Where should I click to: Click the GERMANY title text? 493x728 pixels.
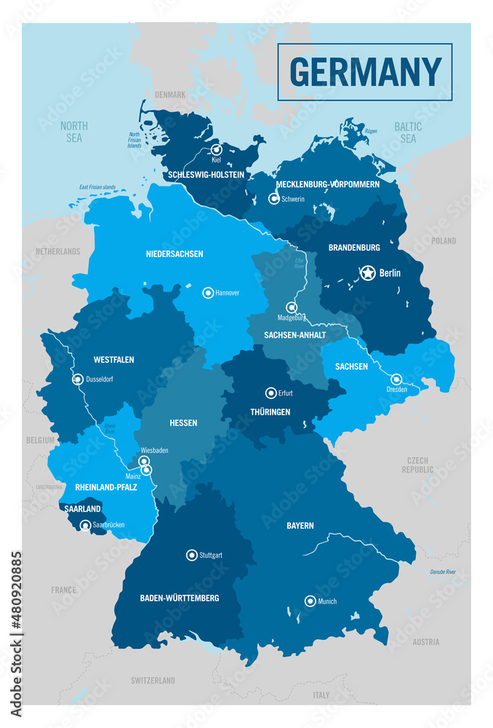point(365,71)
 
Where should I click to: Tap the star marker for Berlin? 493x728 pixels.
point(369,273)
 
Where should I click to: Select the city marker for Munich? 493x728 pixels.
point(310,601)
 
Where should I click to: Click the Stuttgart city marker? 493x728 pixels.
point(192,554)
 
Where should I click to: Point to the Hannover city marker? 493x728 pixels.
point(208,293)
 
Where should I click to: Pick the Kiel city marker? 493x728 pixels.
point(216,150)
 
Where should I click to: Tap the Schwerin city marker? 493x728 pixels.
point(274,198)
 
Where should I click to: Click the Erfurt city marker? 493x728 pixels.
point(270,392)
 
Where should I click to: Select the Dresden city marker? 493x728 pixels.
point(396,379)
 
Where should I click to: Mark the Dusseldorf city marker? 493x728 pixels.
point(78,379)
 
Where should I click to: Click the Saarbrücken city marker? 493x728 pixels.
point(86,524)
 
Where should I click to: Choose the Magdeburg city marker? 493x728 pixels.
point(292,307)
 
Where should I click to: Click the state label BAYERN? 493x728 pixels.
point(300,525)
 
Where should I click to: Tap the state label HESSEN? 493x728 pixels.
point(183,423)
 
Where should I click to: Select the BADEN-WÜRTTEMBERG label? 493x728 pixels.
point(179,598)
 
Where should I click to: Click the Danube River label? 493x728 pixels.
point(443,573)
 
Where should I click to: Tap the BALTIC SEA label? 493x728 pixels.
point(408,132)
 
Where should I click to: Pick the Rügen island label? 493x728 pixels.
point(371,131)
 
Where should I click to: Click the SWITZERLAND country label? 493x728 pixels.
point(153,681)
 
